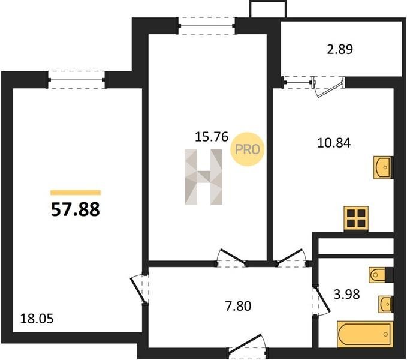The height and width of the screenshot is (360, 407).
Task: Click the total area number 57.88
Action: [76, 209]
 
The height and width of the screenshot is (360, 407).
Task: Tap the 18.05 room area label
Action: [37, 319]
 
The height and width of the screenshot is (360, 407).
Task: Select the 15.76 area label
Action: [212, 137]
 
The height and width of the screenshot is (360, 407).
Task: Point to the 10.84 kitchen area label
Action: [334, 143]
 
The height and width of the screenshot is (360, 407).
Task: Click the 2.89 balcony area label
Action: [340, 49]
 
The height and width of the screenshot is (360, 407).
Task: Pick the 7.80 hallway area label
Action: [238, 306]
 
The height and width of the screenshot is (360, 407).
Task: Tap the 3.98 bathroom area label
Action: [347, 294]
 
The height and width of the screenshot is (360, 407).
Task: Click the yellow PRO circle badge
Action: [248, 149]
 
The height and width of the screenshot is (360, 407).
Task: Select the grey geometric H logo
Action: [204, 177]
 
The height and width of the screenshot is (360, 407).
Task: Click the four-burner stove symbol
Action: [356, 219]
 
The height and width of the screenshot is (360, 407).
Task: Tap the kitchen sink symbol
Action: [382, 167]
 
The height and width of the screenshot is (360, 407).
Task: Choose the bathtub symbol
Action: [365, 334]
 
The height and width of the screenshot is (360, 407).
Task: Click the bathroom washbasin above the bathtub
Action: [385, 304]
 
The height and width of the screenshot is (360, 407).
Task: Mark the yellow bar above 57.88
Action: [76, 193]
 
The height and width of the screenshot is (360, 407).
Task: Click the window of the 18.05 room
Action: [77, 80]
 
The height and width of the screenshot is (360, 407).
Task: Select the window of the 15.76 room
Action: [207, 26]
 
